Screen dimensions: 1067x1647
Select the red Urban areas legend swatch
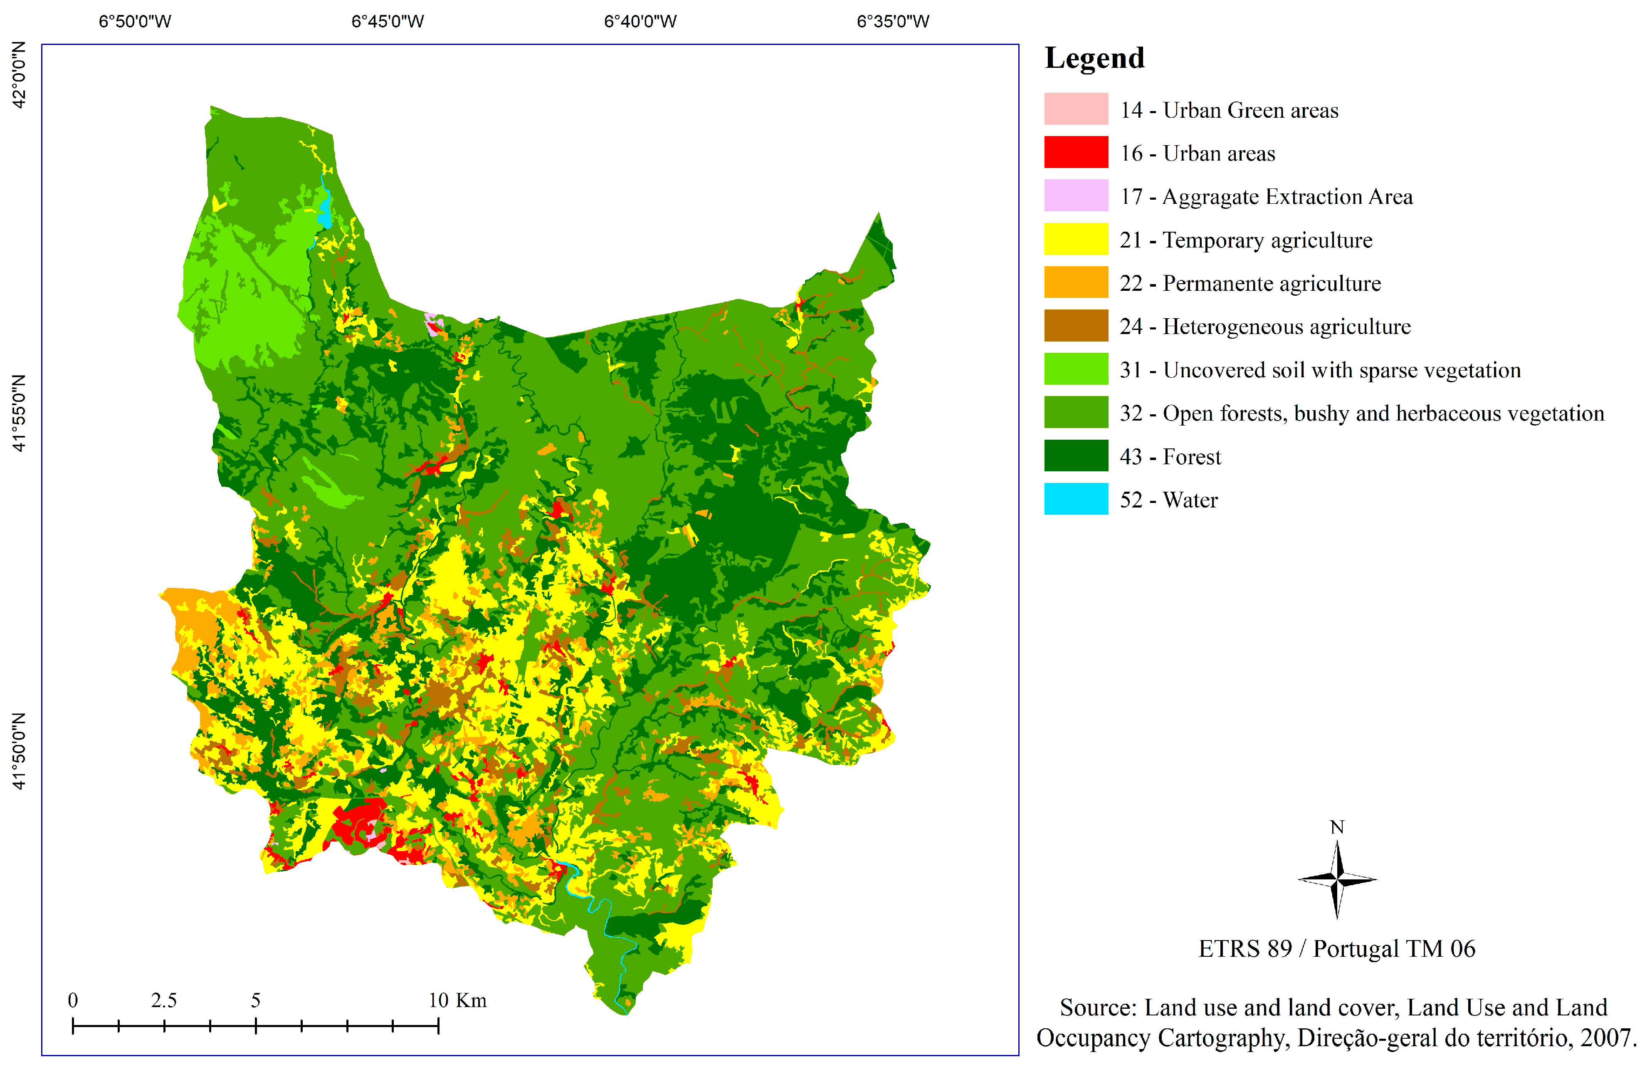point(1075,152)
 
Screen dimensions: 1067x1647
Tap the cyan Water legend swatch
point(1075,498)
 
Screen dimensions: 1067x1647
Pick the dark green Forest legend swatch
point(1075,456)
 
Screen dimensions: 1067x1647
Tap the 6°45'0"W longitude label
point(388,22)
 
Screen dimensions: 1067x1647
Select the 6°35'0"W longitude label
point(893,22)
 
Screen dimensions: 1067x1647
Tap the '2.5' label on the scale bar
point(164,1000)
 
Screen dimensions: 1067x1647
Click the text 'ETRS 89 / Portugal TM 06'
point(1336,948)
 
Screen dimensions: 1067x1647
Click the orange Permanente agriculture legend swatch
point(1075,282)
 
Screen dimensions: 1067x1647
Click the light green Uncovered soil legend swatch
point(1075,369)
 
